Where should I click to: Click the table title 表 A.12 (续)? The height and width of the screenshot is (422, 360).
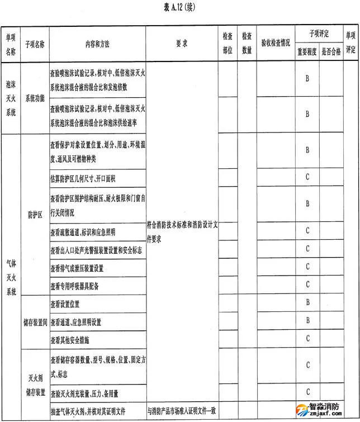(x=179, y=7)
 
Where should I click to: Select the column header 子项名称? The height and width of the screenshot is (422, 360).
(x=35, y=43)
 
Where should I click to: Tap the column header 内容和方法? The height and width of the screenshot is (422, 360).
(x=97, y=43)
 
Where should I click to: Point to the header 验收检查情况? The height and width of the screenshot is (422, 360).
(x=277, y=43)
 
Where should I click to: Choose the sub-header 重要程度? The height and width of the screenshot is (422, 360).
(x=307, y=52)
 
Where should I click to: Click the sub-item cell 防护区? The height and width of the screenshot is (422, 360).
(x=35, y=215)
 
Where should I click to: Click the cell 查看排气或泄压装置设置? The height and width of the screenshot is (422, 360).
(x=77, y=268)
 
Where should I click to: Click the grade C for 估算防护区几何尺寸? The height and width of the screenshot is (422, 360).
(x=307, y=178)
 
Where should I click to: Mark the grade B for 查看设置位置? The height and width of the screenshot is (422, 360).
(x=307, y=303)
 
